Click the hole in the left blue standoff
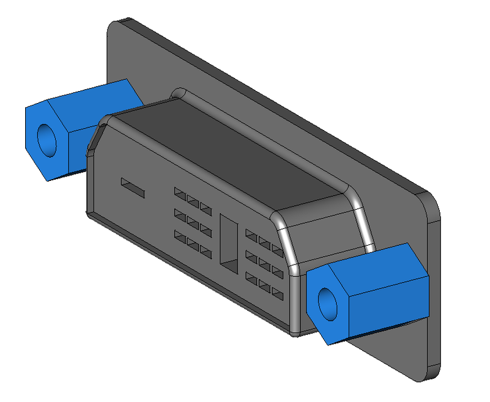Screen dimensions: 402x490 coord(46,139)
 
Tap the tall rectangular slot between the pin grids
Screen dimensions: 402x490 coord(231,242)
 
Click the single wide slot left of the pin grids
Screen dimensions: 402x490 coord(133,187)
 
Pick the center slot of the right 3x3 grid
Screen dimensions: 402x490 coord(264,257)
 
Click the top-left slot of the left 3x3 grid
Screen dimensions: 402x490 coord(181,192)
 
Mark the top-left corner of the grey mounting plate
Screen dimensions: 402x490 coord(117,25)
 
